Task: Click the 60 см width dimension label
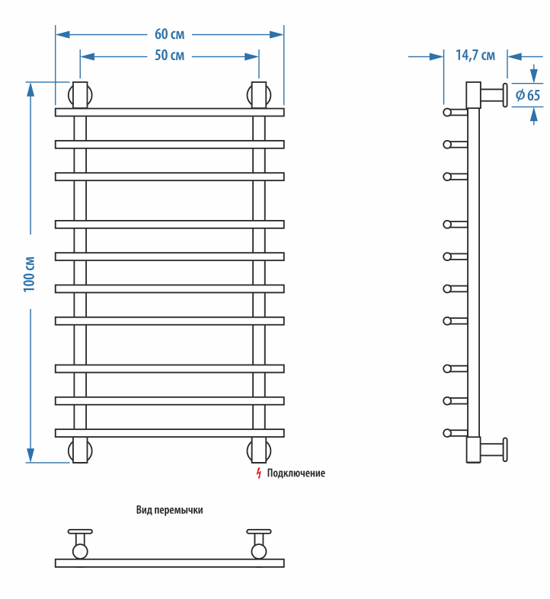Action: pyautogui.click(x=169, y=34)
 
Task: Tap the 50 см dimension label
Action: pyautogui.click(x=169, y=56)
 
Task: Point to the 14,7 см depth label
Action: pyautogui.click(x=475, y=55)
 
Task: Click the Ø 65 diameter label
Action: pyautogui.click(x=527, y=95)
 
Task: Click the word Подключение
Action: pyautogui.click(x=296, y=473)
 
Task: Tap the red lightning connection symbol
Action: pyautogui.click(x=259, y=473)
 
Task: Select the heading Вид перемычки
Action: pyautogui.click(x=170, y=510)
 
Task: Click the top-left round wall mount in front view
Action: pyautogui.click(x=80, y=95)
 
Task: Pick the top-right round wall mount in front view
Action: pyautogui.click(x=259, y=95)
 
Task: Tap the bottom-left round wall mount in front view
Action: pyautogui.click(x=80, y=450)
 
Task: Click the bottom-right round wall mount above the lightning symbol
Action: pyautogui.click(x=259, y=450)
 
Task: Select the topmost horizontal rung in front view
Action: pyautogui.click(x=169, y=112)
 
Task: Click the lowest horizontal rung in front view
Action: pyautogui.click(x=169, y=432)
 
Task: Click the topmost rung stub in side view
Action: pyautogui.click(x=455, y=113)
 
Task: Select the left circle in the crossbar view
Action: pyautogui.click(x=80, y=551)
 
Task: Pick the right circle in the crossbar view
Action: pyautogui.click(x=259, y=551)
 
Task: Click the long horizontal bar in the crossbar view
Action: pyautogui.click(x=169, y=563)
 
